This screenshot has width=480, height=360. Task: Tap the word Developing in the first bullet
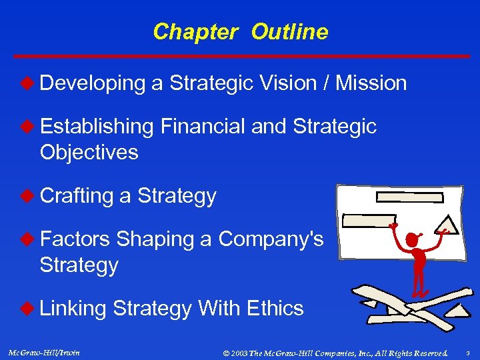coord(92,83)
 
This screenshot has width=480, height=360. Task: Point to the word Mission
coord(371,83)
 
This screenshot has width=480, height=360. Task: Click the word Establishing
coord(96,127)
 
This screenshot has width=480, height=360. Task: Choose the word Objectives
coord(89,153)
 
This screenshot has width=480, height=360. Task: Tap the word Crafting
coord(76,196)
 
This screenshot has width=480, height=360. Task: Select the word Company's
coord(271,239)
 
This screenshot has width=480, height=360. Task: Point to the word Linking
coord(73,309)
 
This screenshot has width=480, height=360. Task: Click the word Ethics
coord(275,309)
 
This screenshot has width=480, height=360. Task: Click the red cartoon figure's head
coord(413,237)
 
